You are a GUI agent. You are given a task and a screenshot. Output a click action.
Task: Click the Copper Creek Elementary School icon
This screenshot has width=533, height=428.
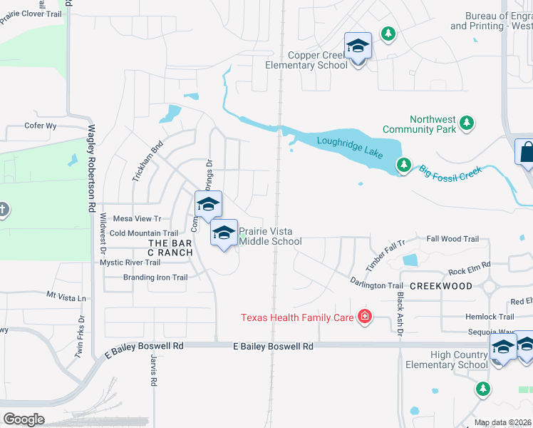point(358,47)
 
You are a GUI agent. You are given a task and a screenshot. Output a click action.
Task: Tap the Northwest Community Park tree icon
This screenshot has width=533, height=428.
point(467,123)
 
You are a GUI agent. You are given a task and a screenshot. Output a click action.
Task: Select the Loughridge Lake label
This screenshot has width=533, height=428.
point(350,147)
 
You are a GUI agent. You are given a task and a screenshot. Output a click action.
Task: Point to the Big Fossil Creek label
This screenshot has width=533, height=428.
point(450,172)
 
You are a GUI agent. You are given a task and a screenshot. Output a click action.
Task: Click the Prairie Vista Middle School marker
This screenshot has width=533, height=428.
point(224,233)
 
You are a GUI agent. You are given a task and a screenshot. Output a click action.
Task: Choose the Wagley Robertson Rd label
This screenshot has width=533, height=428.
point(91,168)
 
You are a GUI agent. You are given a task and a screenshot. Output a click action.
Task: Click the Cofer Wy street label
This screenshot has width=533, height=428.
point(40,125)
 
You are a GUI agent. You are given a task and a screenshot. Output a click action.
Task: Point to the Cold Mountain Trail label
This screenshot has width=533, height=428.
point(143,233)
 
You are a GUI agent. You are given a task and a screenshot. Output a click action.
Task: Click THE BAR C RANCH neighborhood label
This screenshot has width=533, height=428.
point(170,248)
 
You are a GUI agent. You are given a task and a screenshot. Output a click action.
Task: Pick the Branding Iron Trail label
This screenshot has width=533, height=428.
point(155,277)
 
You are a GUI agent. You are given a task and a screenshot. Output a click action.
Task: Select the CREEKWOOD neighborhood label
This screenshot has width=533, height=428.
point(441,285)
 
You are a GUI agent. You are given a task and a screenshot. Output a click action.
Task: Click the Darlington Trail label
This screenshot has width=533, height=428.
point(377,285)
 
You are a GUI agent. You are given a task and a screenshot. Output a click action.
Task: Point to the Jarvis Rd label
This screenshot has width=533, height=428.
point(152,372)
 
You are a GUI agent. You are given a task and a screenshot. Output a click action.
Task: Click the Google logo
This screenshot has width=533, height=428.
point(23,419)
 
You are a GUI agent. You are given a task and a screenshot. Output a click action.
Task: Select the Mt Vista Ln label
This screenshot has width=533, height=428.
point(66,295)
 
